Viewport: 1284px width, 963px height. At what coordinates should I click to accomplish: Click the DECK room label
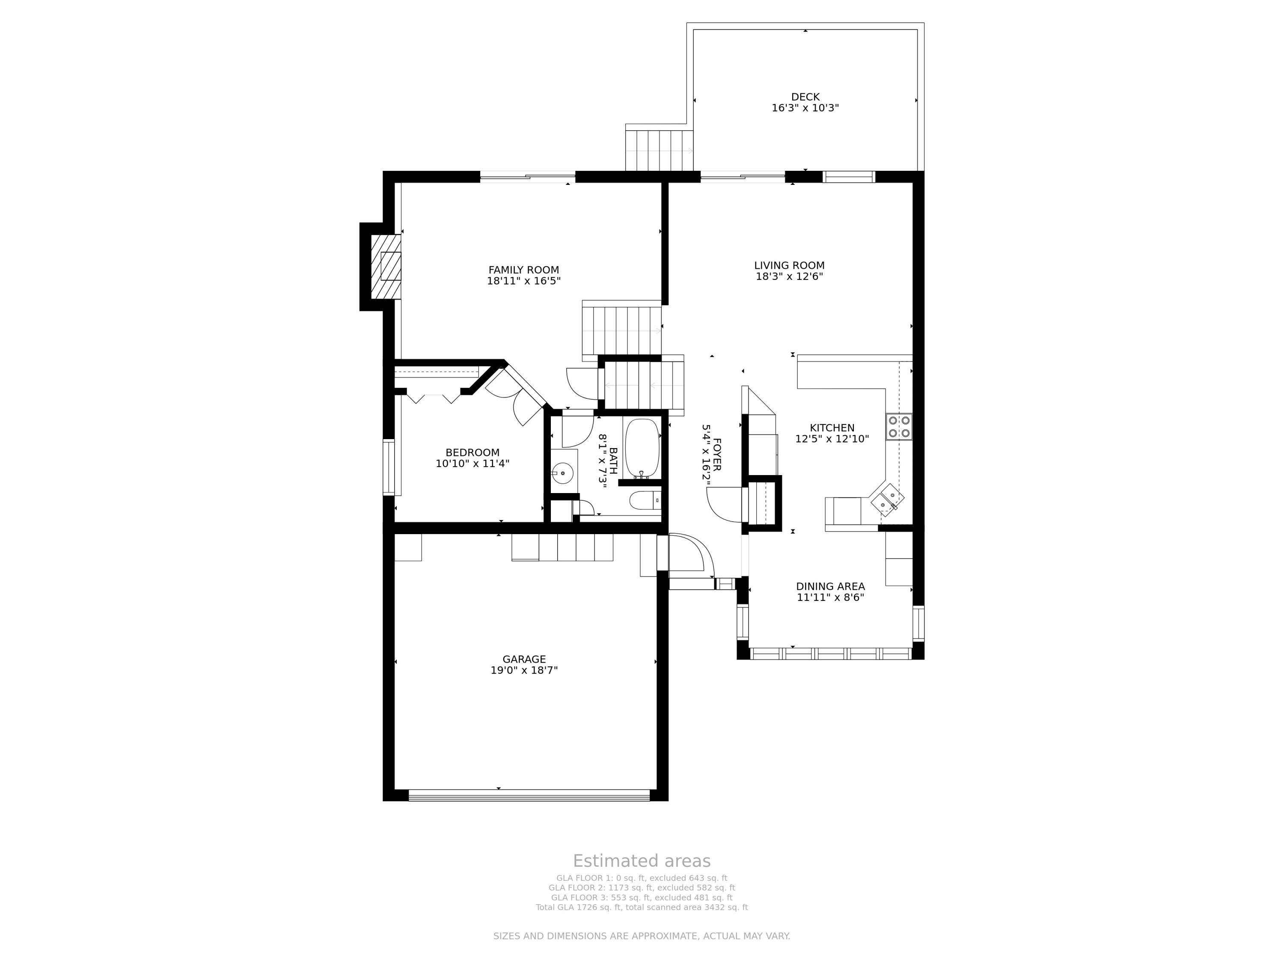coord(805,97)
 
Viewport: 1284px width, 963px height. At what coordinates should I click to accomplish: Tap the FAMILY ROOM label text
coord(523,270)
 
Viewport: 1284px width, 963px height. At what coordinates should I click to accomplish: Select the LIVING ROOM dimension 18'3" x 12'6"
coord(789,277)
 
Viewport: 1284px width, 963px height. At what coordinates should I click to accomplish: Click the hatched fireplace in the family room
coord(386,267)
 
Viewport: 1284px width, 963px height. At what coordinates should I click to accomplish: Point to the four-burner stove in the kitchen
coord(898,427)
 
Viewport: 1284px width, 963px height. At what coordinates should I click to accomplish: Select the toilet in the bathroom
coord(645,500)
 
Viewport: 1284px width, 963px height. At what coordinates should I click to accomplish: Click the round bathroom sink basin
coord(562,473)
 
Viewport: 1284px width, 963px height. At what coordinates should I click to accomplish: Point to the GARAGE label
coord(524,660)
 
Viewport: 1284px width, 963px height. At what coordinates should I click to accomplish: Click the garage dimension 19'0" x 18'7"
coord(524,670)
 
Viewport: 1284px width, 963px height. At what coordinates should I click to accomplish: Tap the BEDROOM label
coord(473,453)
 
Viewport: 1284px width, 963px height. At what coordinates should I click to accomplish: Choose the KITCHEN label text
coord(832,428)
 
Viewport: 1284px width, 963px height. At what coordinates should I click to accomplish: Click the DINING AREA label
coord(831,586)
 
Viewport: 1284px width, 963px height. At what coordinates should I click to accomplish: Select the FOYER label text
coord(717,455)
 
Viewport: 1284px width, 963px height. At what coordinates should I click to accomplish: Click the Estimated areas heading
coord(642,861)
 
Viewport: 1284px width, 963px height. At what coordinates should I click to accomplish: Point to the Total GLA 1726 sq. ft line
coord(642,907)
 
